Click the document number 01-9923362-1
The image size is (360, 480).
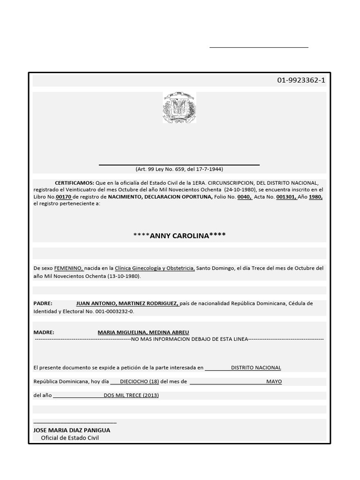300,80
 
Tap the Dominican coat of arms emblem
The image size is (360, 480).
179,108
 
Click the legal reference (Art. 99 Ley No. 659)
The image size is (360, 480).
179,169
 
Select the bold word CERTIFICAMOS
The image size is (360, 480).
75,183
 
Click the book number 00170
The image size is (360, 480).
64,197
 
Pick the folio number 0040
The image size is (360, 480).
244,197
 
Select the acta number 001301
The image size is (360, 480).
286,197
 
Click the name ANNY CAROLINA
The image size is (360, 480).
179,235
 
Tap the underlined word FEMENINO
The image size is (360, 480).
69,268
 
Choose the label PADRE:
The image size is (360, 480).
43,303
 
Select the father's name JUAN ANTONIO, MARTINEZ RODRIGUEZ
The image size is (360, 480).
127,303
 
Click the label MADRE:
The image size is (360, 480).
44,332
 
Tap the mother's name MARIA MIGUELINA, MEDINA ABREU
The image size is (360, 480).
143,332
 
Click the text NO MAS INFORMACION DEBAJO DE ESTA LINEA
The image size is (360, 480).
189,338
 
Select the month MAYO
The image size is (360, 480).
274,382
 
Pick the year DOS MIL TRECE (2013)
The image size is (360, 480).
131,395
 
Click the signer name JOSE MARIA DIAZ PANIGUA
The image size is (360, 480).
72,430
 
